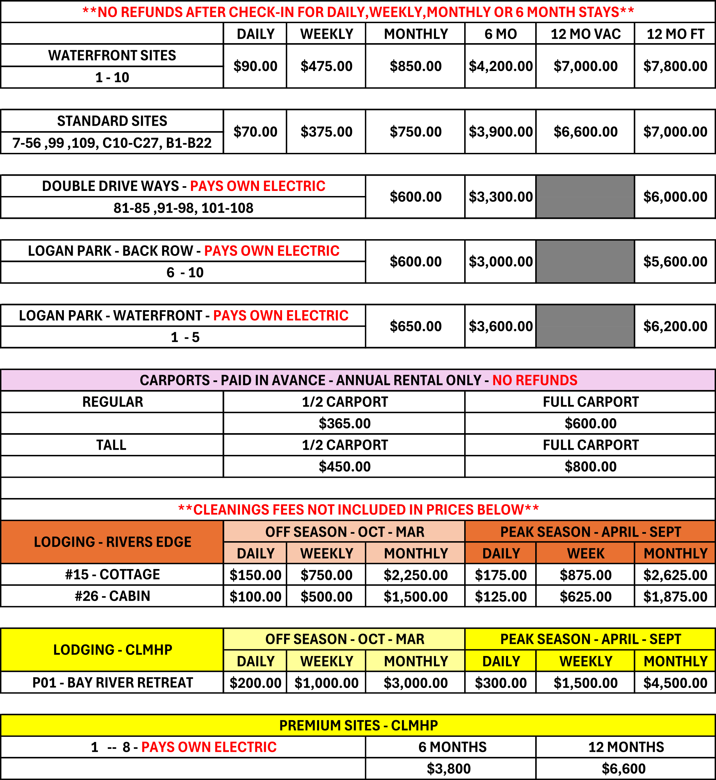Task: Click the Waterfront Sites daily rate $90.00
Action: coord(255,66)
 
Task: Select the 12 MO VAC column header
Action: coord(586,34)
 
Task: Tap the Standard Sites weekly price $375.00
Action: coord(326,132)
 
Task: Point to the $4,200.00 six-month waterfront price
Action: coord(501,66)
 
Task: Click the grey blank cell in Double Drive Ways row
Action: coord(585,197)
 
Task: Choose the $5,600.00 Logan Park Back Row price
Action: coord(675,262)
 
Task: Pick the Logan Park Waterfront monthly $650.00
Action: coord(415,326)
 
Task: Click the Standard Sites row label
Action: coord(112,121)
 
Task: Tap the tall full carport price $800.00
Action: coord(590,466)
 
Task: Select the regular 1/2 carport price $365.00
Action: coord(345,423)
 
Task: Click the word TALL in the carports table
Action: coord(111,445)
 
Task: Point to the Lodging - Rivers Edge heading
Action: coord(112,542)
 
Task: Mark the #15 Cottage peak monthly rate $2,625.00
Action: coord(675,575)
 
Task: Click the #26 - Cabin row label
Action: coord(112,596)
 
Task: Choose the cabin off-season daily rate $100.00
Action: coord(255,597)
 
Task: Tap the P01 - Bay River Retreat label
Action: coord(112,682)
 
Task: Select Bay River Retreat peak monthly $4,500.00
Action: coord(675,683)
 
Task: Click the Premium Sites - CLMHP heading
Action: coord(359,725)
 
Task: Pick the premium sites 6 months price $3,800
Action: coord(449,769)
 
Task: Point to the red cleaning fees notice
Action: coord(359,510)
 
